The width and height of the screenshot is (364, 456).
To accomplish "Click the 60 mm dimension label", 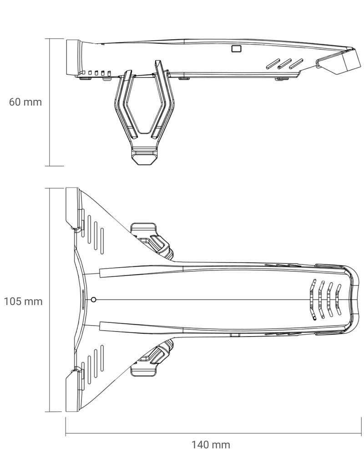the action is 25,102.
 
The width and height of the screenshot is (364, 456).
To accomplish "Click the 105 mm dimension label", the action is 23,301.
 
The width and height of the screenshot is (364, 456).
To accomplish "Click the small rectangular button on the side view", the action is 237,49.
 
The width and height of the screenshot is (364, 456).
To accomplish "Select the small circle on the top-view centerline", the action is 93,299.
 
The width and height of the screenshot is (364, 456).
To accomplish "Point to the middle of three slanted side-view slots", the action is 284,64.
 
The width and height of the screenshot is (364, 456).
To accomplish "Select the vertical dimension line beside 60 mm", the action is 49,102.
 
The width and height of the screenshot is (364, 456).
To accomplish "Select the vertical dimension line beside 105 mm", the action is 49,300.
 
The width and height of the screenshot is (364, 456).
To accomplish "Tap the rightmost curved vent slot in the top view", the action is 338,299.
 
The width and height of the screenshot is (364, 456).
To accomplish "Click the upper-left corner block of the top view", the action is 72,208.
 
